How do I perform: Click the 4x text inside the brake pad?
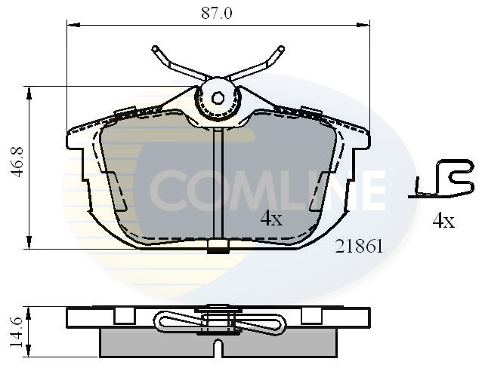click(270, 219)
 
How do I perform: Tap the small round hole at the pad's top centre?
click(218, 97)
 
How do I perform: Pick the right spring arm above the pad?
click(258, 63)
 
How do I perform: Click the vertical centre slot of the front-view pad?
click(218, 181)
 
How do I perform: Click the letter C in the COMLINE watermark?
click(167, 188)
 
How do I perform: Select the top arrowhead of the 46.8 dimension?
click(29, 91)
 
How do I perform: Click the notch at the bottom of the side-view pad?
click(218, 348)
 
